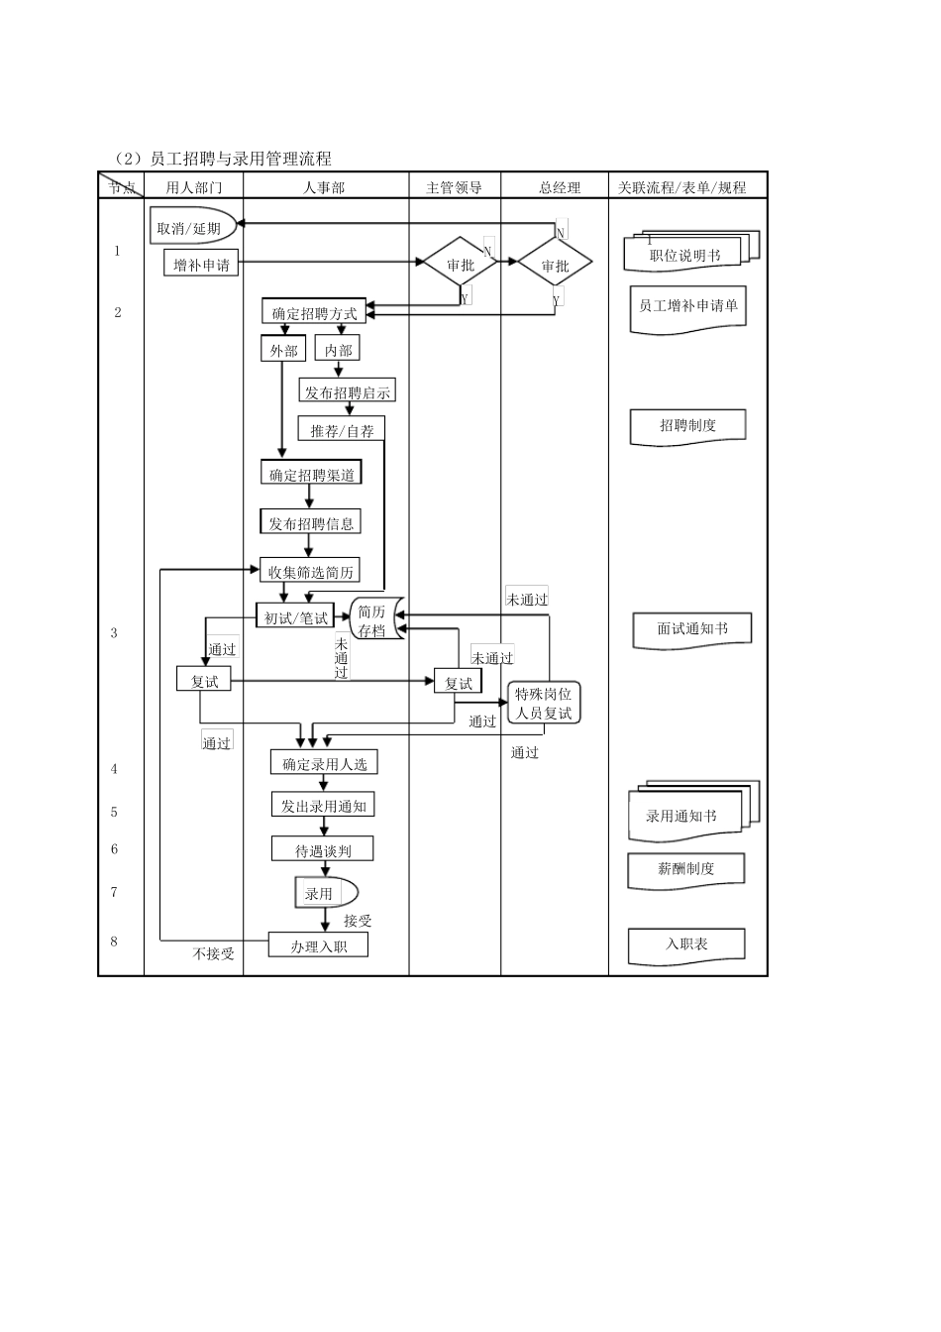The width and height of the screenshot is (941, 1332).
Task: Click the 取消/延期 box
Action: click(x=192, y=227)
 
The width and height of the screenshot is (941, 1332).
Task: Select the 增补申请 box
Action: click(x=201, y=264)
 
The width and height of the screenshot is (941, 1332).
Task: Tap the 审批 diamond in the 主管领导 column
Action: click(x=461, y=264)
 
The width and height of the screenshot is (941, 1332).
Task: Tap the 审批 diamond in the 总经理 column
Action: click(x=555, y=265)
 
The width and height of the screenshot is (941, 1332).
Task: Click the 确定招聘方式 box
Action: click(x=314, y=312)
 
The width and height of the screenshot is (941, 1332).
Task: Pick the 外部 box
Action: click(x=283, y=350)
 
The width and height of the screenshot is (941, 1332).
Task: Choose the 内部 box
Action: click(x=338, y=349)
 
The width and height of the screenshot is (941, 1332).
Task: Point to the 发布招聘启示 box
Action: click(x=347, y=391)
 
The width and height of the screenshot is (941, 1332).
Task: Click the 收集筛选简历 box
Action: click(x=310, y=571)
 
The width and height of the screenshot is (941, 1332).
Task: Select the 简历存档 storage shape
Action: click(x=374, y=619)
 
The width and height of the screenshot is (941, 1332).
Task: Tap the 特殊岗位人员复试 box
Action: click(x=543, y=703)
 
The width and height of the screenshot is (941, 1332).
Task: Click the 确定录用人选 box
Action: click(x=324, y=763)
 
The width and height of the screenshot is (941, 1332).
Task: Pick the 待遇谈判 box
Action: click(x=323, y=849)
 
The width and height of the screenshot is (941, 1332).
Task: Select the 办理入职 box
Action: click(x=318, y=945)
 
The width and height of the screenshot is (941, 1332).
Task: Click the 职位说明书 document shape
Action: click(x=685, y=255)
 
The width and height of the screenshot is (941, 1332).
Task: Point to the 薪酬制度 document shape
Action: click(x=685, y=869)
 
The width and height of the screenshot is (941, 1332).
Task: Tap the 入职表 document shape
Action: click(x=685, y=944)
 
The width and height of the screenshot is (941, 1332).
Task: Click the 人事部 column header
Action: click(x=324, y=186)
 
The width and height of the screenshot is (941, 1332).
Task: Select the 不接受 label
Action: click(x=214, y=953)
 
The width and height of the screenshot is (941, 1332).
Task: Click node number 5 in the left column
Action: click(x=114, y=812)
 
